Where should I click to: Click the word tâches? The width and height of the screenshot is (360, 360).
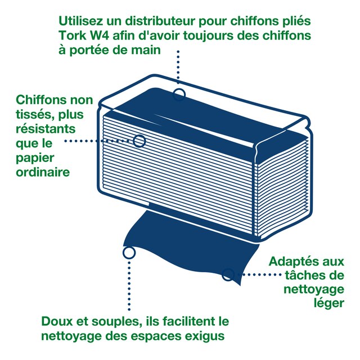(x=307, y=276)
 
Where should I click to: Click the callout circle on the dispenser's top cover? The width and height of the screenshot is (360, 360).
(x=179, y=93)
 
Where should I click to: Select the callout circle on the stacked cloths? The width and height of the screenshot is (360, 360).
(x=139, y=141)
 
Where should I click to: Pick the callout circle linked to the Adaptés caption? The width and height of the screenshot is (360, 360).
(x=228, y=274)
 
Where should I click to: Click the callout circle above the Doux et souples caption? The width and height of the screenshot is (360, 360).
(x=128, y=253)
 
